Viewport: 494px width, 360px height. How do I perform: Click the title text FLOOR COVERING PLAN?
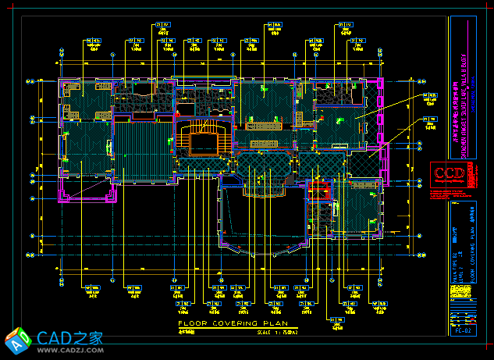pyautogui.click(x=233, y=323)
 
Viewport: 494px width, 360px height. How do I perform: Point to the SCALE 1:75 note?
pyautogui.click(x=277, y=332)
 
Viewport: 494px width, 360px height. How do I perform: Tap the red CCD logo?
pyautogui.click(x=450, y=174)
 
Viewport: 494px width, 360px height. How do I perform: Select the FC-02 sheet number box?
pyautogui.click(x=462, y=330)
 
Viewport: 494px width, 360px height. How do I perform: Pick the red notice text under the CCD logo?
pyautogui.click(x=450, y=194)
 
